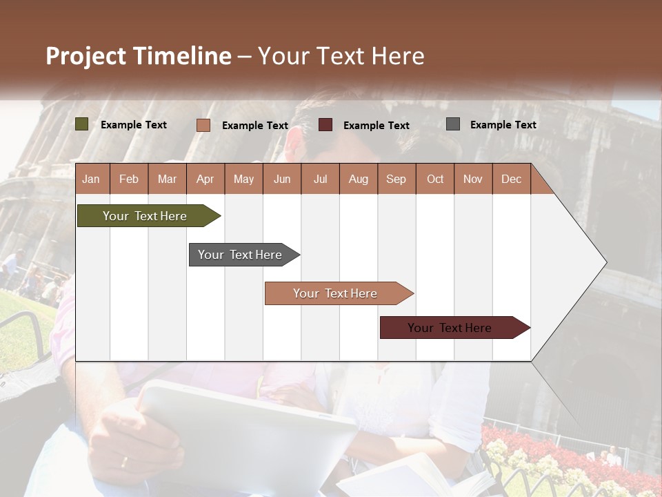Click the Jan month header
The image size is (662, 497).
(x=91, y=179)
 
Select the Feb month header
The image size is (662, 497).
(x=129, y=179)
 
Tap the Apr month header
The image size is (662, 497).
(x=205, y=179)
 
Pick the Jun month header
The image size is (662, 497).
(x=282, y=179)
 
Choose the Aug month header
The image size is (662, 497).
(x=358, y=179)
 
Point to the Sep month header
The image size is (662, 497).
(x=396, y=179)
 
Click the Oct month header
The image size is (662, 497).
(x=435, y=179)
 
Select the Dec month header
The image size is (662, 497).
(x=511, y=179)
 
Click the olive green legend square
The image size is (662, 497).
(x=82, y=124)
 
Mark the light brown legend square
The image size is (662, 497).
(x=203, y=125)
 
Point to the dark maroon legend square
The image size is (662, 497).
(x=325, y=125)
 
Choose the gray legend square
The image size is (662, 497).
(x=453, y=124)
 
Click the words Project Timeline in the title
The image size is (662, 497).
(x=139, y=56)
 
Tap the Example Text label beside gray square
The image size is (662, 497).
(x=503, y=125)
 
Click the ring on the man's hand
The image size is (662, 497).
(x=124, y=462)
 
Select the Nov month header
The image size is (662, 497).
(x=473, y=179)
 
